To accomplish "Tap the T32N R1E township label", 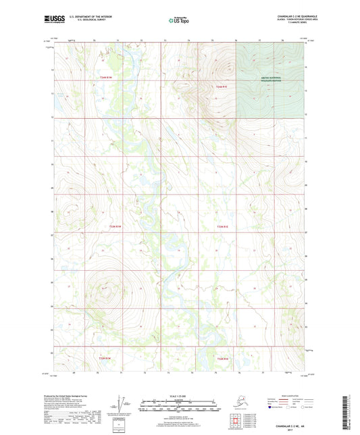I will click(222, 358).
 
